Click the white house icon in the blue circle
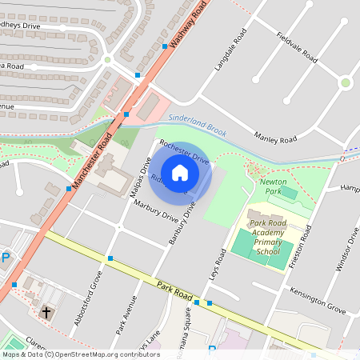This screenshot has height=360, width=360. click(x=180, y=172)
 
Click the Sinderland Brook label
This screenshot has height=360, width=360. click(x=197, y=126)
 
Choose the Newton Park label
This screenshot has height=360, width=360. click(x=274, y=186)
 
